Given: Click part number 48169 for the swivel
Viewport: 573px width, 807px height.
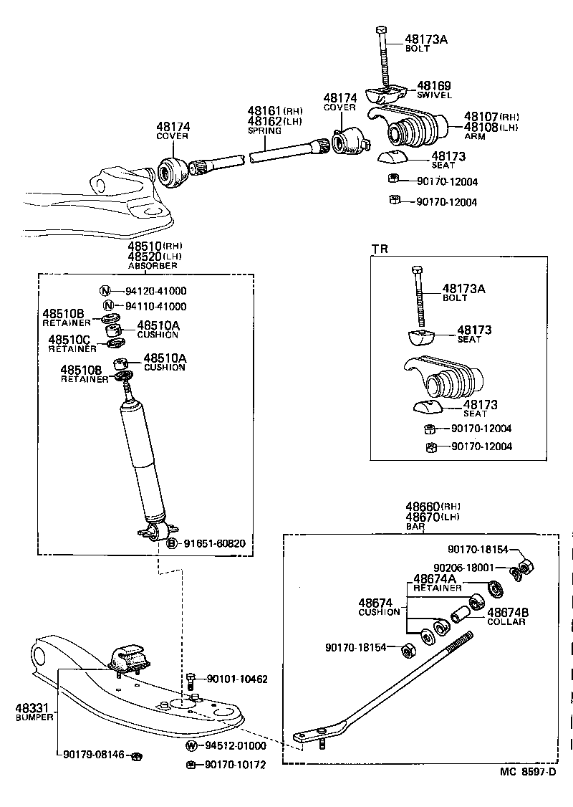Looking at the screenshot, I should [433, 85].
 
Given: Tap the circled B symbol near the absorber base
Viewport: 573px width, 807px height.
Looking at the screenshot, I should [172, 544].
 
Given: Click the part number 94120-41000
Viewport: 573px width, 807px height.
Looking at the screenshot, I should [155, 291].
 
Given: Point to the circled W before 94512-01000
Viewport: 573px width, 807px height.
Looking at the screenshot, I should [191, 745].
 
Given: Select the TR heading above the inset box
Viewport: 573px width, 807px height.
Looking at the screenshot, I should [380, 249].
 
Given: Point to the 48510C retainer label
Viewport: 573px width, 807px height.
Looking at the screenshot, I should [69, 339].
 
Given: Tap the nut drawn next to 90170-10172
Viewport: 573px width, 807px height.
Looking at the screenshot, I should [191, 765].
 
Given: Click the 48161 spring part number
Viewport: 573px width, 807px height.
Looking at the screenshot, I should [265, 111].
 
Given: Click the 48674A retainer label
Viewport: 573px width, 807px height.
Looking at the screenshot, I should [435, 579].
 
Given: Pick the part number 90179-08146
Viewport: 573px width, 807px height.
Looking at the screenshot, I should [94, 755].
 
